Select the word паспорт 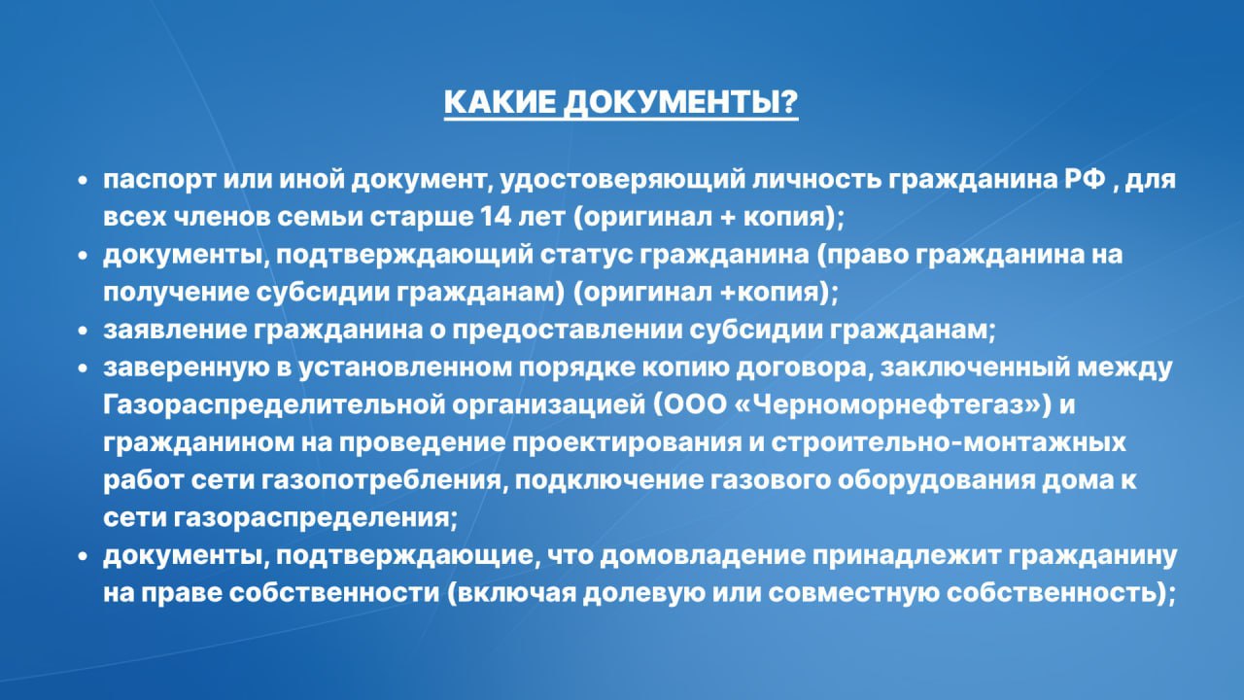tap(159, 181)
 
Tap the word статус tap(586, 255)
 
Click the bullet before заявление tap(84, 331)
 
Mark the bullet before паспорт tap(84, 180)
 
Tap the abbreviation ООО tap(690, 405)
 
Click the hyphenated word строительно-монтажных tap(948, 442)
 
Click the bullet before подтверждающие tap(84, 555)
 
